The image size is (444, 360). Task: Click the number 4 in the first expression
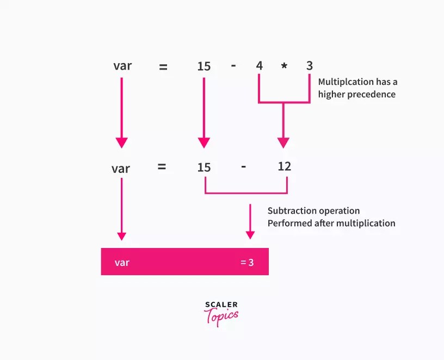[260, 66]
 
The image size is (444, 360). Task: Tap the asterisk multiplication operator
[284, 67]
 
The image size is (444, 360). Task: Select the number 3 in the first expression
[310, 66]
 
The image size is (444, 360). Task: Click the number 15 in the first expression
[203, 66]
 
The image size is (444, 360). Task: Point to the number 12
[284, 166]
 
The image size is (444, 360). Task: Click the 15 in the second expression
[203, 167]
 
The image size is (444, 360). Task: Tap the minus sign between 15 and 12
[243, 166]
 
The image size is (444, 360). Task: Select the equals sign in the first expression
[163, 67]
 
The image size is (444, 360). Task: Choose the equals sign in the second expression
[162, 167]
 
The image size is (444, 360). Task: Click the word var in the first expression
[122, 66]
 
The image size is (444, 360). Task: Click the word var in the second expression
[121, 168]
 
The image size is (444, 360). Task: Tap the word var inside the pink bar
[122, 262]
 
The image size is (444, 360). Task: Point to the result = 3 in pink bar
[247, 262]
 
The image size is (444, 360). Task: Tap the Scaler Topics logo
[221, 314]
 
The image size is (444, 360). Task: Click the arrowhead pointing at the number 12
[283, 143]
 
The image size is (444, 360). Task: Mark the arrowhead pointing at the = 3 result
[250, 235]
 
